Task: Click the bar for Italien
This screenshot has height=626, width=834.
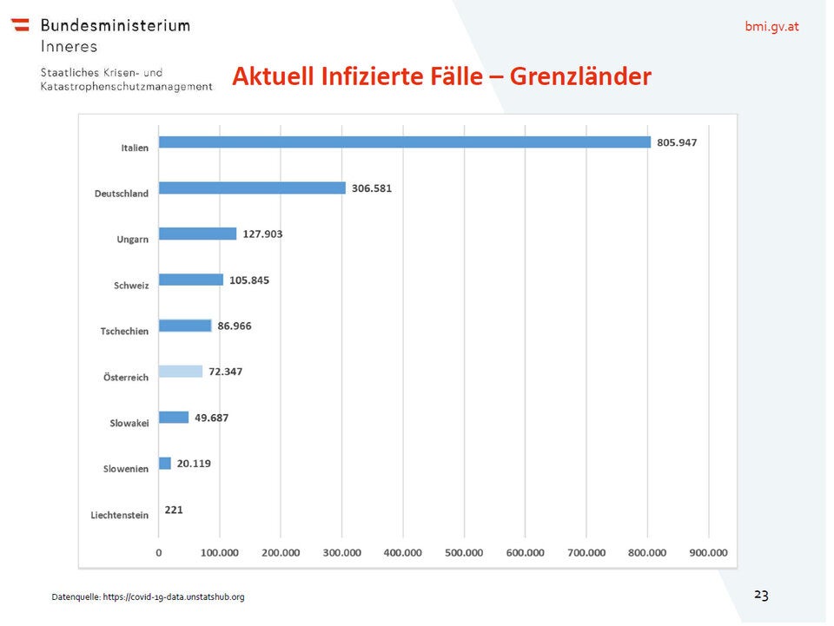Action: pyautogui.click(x=404, y=142)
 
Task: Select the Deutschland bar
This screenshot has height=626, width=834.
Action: pyautogui.click(x=252, y=188)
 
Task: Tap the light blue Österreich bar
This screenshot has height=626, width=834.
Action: pyautogui.click(x=181, y=372)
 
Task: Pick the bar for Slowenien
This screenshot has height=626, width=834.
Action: pyautogui.click(x=165, y=464)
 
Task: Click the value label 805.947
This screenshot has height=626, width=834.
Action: pyautogui.click(x=677, y=142)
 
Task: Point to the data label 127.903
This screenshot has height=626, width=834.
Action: pyautogui.click(x=262, y=234)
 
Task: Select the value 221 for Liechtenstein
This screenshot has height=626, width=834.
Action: pyautogui.click(x=174, y=510)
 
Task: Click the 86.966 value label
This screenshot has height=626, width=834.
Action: pyautogui.click(x=235, y=326)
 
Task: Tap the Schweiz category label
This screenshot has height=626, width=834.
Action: pyautogui.click(x=131, y=286)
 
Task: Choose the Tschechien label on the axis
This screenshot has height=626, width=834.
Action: pyautogui.click(x=124, y=332)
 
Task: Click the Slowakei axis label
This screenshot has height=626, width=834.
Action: pyautogui.click(x=129, y=423)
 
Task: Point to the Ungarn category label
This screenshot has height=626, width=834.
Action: pyautogui.click(x=133, y=240)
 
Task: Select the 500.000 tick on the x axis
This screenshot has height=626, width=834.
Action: pyautogui.click(x=464, y=552)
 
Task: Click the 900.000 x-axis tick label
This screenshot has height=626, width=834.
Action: pyautogui.click(x=708, y=552)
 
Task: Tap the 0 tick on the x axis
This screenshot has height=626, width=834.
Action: pyautogui.click(x=159, y=552)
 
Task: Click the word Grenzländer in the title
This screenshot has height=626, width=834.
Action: pyautogui.click(x=580, y=76)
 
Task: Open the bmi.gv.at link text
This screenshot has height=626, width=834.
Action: pyautogui.click(x=771, y=26)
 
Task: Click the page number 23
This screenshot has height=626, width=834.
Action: pyautogui.click(x=761, y=595)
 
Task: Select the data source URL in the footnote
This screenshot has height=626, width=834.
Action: pyautogui.click(x=174, y=597)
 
